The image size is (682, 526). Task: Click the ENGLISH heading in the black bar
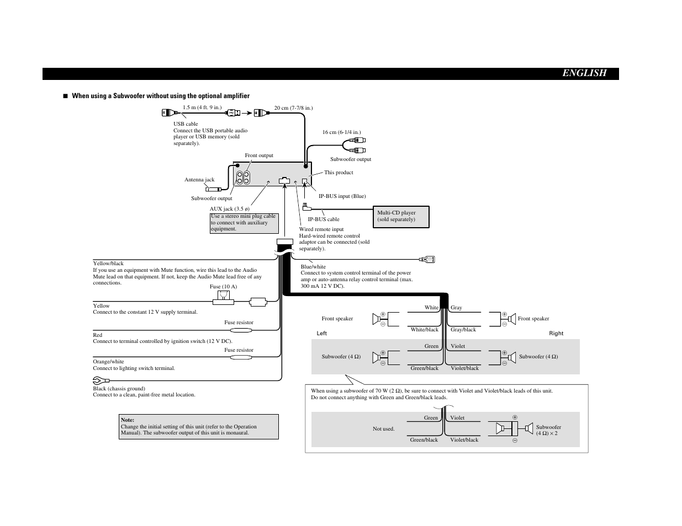[584, 73]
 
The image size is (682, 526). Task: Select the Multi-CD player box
[402, 216]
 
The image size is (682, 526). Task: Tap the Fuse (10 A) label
[223, 287]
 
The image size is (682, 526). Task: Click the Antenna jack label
[199, 180]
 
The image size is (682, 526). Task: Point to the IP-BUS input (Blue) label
[342, 196]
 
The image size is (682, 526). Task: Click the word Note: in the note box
[128, 420]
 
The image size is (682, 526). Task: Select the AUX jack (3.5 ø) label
[229, 209]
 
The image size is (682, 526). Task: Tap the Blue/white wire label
[313, 267]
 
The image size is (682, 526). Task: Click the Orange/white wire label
[108, 362]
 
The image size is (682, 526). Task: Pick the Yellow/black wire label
[108, 264]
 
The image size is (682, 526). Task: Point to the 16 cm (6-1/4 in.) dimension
[341, 132]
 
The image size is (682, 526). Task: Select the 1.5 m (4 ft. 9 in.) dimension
[202, 108]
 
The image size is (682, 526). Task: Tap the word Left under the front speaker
[322, 334]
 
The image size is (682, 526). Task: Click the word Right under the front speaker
[556, 334]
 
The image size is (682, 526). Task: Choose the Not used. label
[383, 429]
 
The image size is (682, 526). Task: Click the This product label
[339, 173]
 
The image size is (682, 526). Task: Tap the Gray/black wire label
[463, 330]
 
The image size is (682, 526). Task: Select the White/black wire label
[424, 330]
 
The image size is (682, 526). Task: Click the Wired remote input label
[321, 229]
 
